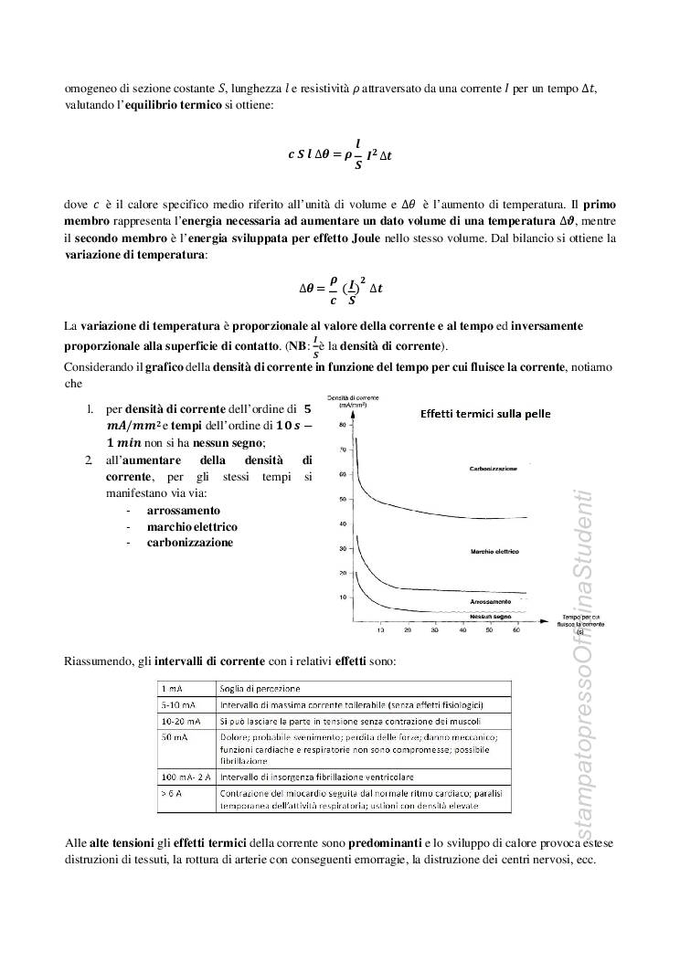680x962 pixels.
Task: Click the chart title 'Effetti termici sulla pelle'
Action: (x=485, y=413)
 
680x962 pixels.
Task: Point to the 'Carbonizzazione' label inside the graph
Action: (x=493, y=468)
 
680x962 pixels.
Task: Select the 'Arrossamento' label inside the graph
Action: (x=491, y=604)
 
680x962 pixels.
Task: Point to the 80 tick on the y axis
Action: (x=342, y=426)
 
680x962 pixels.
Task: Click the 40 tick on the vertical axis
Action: (x=342, y=524)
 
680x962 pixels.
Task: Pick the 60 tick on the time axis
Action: (x=516, y=630)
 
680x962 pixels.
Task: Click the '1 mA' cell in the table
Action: (x=171, y=688)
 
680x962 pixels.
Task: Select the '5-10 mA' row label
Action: (x=175, y=704)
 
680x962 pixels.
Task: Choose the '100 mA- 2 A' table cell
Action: (x=186, y=776)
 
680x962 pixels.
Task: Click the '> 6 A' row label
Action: (x=171, y=792)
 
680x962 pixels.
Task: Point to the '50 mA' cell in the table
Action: (x=173, y=736)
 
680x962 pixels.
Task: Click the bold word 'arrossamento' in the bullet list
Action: (x=184, y=510)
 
